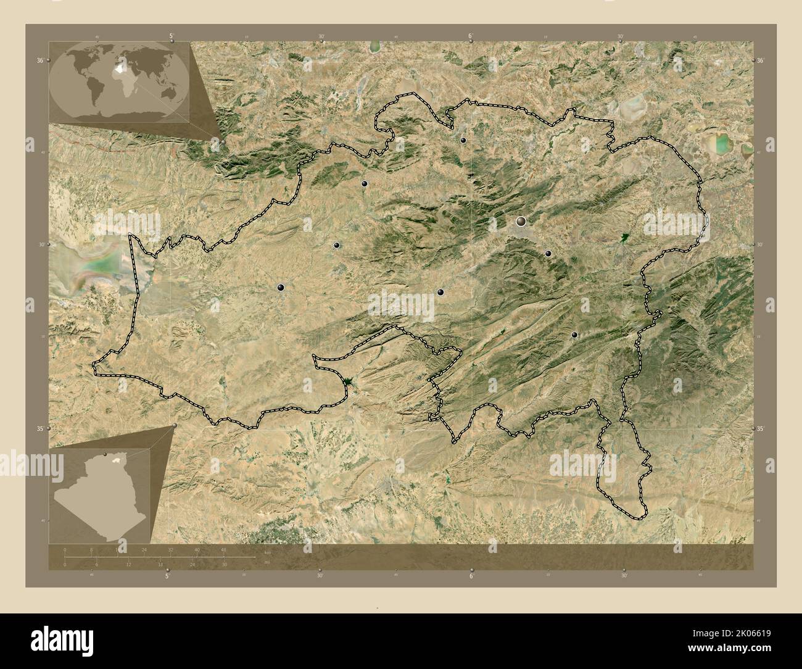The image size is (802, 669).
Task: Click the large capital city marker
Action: pos(521,221)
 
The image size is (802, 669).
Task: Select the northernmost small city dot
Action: pos(463,141)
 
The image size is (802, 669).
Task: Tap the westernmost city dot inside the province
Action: pos(281,287)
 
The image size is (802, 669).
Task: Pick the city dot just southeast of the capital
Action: pos(548,253)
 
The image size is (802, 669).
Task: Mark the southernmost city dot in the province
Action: pos(574,335)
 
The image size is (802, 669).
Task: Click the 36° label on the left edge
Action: pos(39,60)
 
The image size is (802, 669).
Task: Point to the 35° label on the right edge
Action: pos(761,428)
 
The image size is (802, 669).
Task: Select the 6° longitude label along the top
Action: pos(471,36)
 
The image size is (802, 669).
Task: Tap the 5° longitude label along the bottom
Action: pos(167,576)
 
